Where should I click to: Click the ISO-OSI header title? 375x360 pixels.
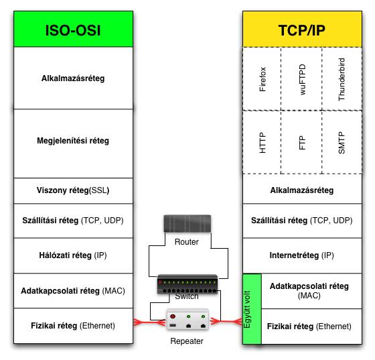[73, 30]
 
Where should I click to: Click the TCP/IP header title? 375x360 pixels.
[302, 30]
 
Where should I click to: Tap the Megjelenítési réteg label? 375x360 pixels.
[73, 141]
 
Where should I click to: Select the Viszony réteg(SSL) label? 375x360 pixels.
[73, 190]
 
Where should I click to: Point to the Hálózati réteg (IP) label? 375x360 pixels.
[73, 255]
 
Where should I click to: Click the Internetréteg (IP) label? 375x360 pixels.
[301, 255]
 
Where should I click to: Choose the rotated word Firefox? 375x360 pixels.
[262, 79]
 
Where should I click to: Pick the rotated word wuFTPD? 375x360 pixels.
[303, 80]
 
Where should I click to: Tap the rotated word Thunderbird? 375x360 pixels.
[342, 80]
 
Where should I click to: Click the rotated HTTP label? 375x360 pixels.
[262, 143]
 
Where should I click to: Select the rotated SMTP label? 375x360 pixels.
[342, 143]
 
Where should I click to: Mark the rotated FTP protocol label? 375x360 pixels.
[303, 143]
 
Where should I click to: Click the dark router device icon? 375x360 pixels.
[187, 223]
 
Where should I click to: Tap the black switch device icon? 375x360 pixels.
[187, 284]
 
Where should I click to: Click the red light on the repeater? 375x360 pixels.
[173, 316]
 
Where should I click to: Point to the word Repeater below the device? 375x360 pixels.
[187, 341]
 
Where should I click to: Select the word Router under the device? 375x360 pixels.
[187, 242]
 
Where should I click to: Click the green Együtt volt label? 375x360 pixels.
[247, 310]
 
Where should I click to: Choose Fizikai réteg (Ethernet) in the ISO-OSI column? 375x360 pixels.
[73, 326]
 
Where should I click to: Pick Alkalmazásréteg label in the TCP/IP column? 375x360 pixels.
[302, 190]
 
